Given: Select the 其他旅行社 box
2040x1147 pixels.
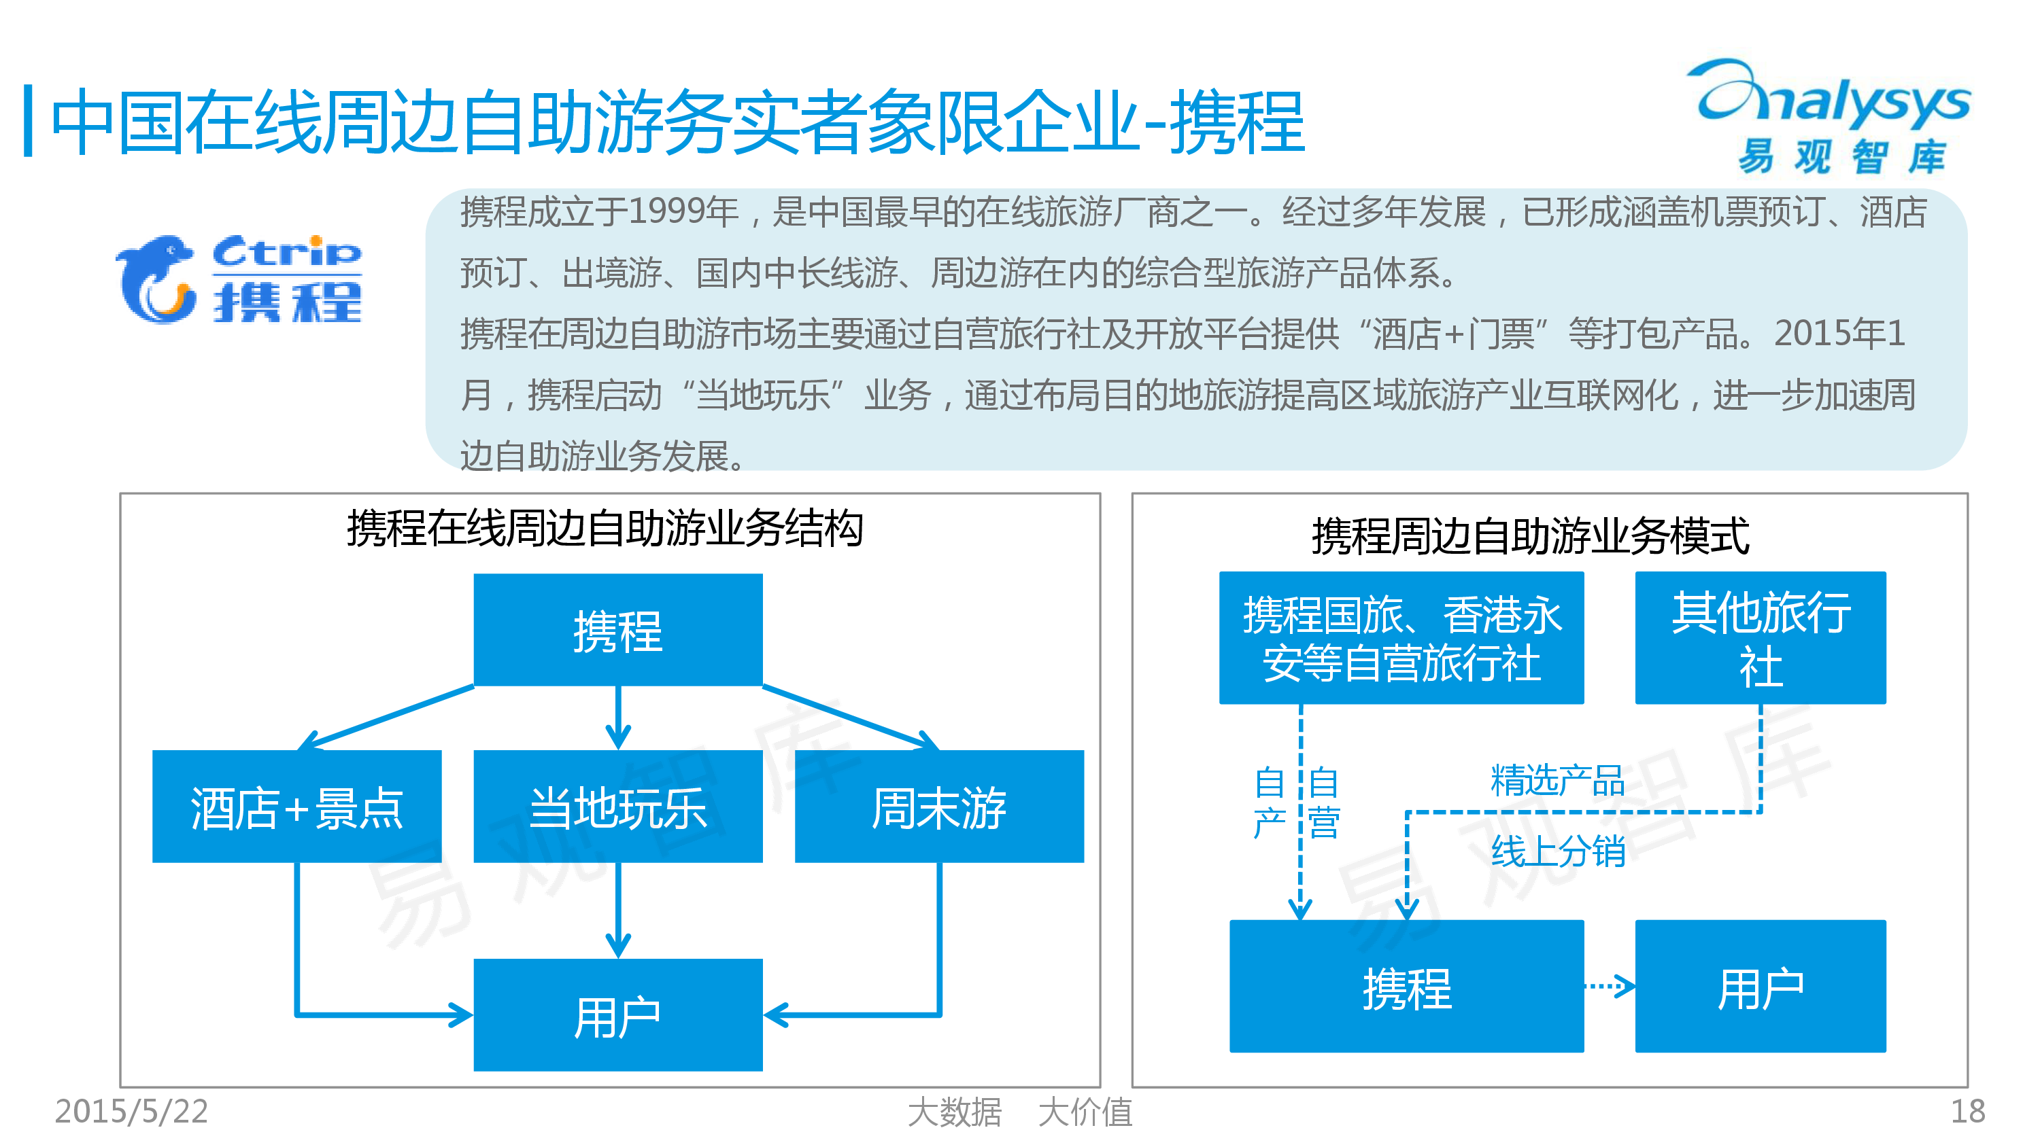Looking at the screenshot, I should click(1760, 637).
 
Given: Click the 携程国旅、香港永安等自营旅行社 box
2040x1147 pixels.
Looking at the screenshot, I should click(1401, 637).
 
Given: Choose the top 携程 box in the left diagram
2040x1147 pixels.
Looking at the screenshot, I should click(617, 629).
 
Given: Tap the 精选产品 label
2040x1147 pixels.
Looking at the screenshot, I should click(1557, 781).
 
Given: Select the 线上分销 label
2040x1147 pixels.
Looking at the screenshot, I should click(1557, 851).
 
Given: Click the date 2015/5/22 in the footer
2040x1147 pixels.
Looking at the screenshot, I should click(131, 1112).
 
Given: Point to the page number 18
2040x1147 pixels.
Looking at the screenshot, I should click(1967, 1112).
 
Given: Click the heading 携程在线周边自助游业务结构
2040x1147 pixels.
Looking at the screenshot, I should click(605, 529).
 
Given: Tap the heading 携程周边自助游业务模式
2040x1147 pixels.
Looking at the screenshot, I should click(1530, 536).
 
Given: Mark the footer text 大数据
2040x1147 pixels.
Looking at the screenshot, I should click(954, 1112).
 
